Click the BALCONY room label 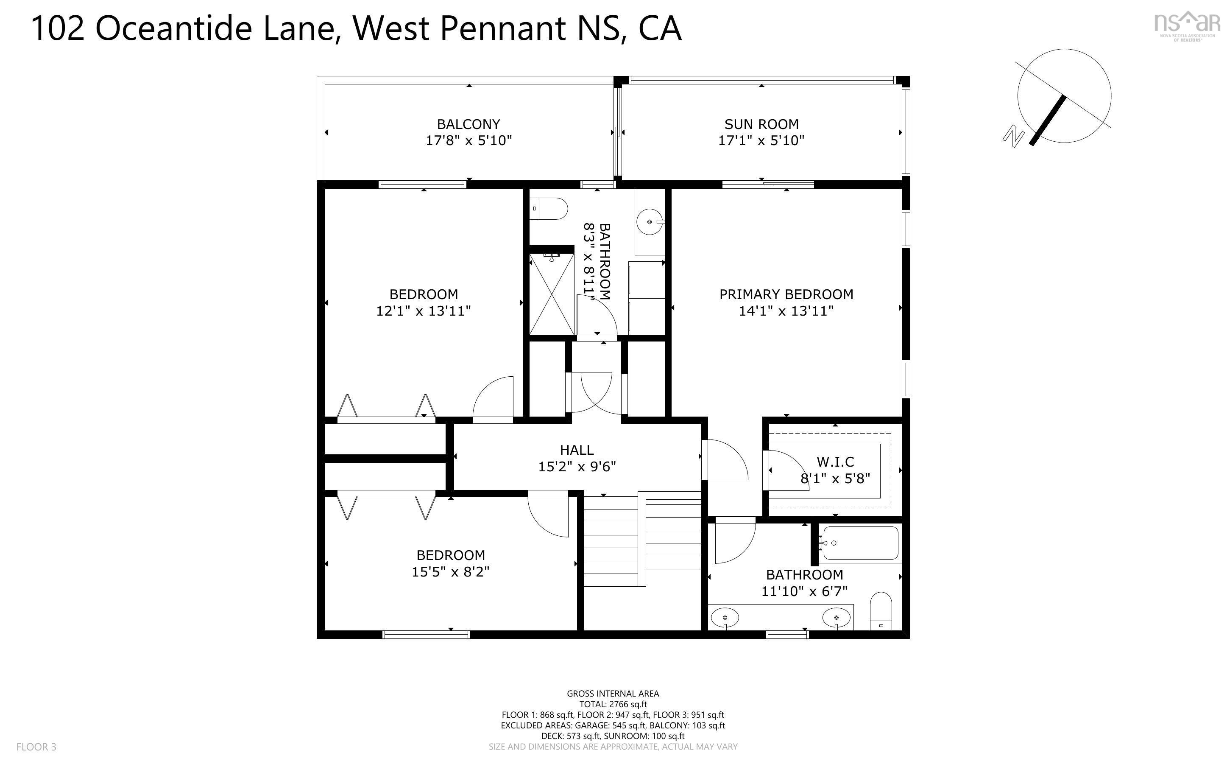pos(468,124)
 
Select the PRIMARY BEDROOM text pos(786,294)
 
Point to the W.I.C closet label pos(835,462)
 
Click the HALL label pos(577,450)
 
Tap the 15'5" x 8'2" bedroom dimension pos(451,572)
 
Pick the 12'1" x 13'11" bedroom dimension pos(424,311)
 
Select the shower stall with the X pos(552,294)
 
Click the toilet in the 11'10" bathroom pos(881,611)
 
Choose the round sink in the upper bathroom pos(650,222)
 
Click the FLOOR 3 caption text pos(36,747)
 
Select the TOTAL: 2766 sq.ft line pos(613,704)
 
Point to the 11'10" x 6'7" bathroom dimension pos(804,591)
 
